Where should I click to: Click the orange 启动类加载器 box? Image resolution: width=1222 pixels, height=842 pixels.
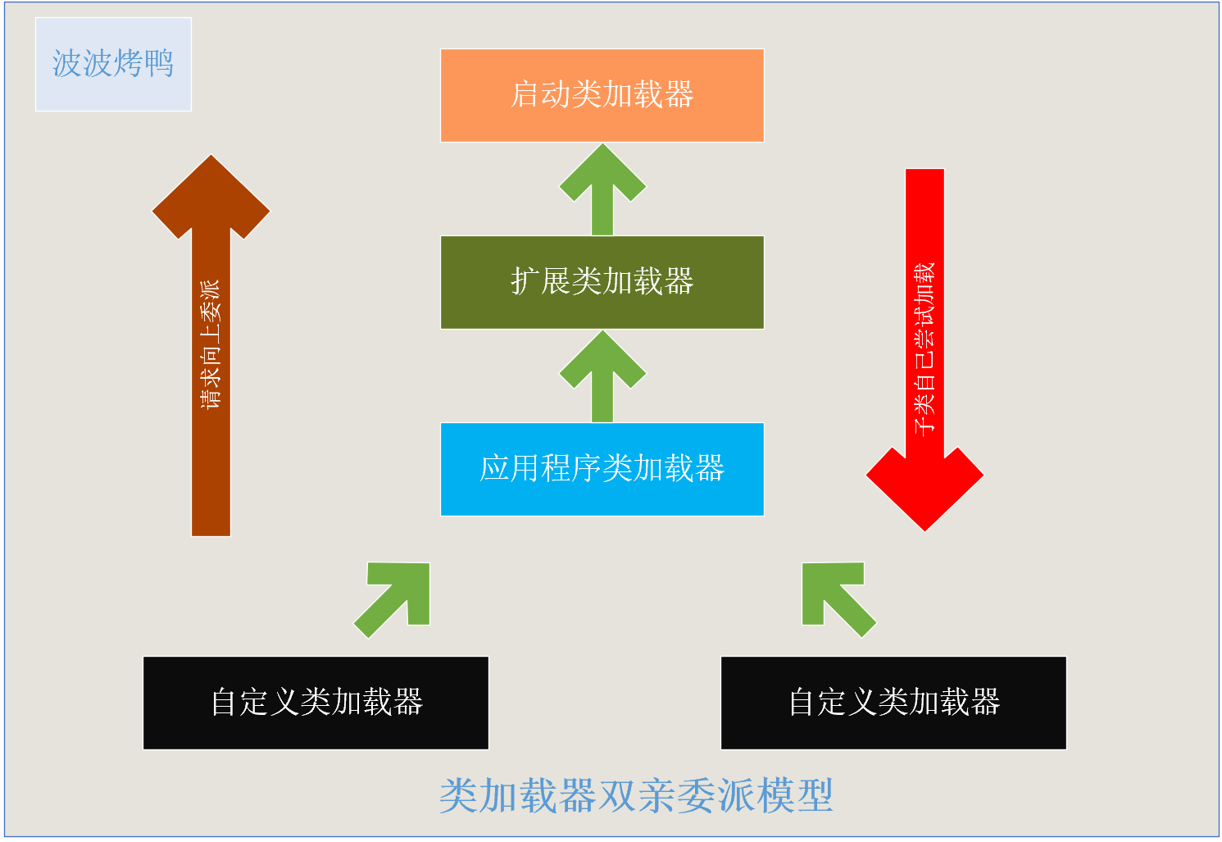(602, 95)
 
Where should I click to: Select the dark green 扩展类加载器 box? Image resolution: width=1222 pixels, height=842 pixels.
(602, 282)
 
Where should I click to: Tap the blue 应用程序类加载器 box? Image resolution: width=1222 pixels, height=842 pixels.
(602, 469)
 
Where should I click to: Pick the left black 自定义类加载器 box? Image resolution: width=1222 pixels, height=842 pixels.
(316, 703)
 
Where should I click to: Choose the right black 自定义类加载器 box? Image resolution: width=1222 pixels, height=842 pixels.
(893, 703)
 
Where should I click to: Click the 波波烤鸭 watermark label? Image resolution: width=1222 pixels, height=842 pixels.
(113, 64)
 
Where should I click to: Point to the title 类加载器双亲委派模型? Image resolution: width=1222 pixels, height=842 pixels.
(636, 795)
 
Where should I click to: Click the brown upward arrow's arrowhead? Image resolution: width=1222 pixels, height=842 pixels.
(211, 197)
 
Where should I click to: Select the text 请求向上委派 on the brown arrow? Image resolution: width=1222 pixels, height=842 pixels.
(211, 344)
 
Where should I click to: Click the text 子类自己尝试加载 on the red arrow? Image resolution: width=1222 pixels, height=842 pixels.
(924, 348)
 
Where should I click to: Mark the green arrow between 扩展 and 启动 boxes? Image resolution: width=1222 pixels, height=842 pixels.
(602, 190)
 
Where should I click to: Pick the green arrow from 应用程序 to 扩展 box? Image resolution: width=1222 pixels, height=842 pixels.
(602, 377)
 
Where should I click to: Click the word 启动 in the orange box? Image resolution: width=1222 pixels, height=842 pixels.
(540, 95)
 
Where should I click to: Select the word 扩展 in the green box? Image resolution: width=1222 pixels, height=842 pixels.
(540, 282)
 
